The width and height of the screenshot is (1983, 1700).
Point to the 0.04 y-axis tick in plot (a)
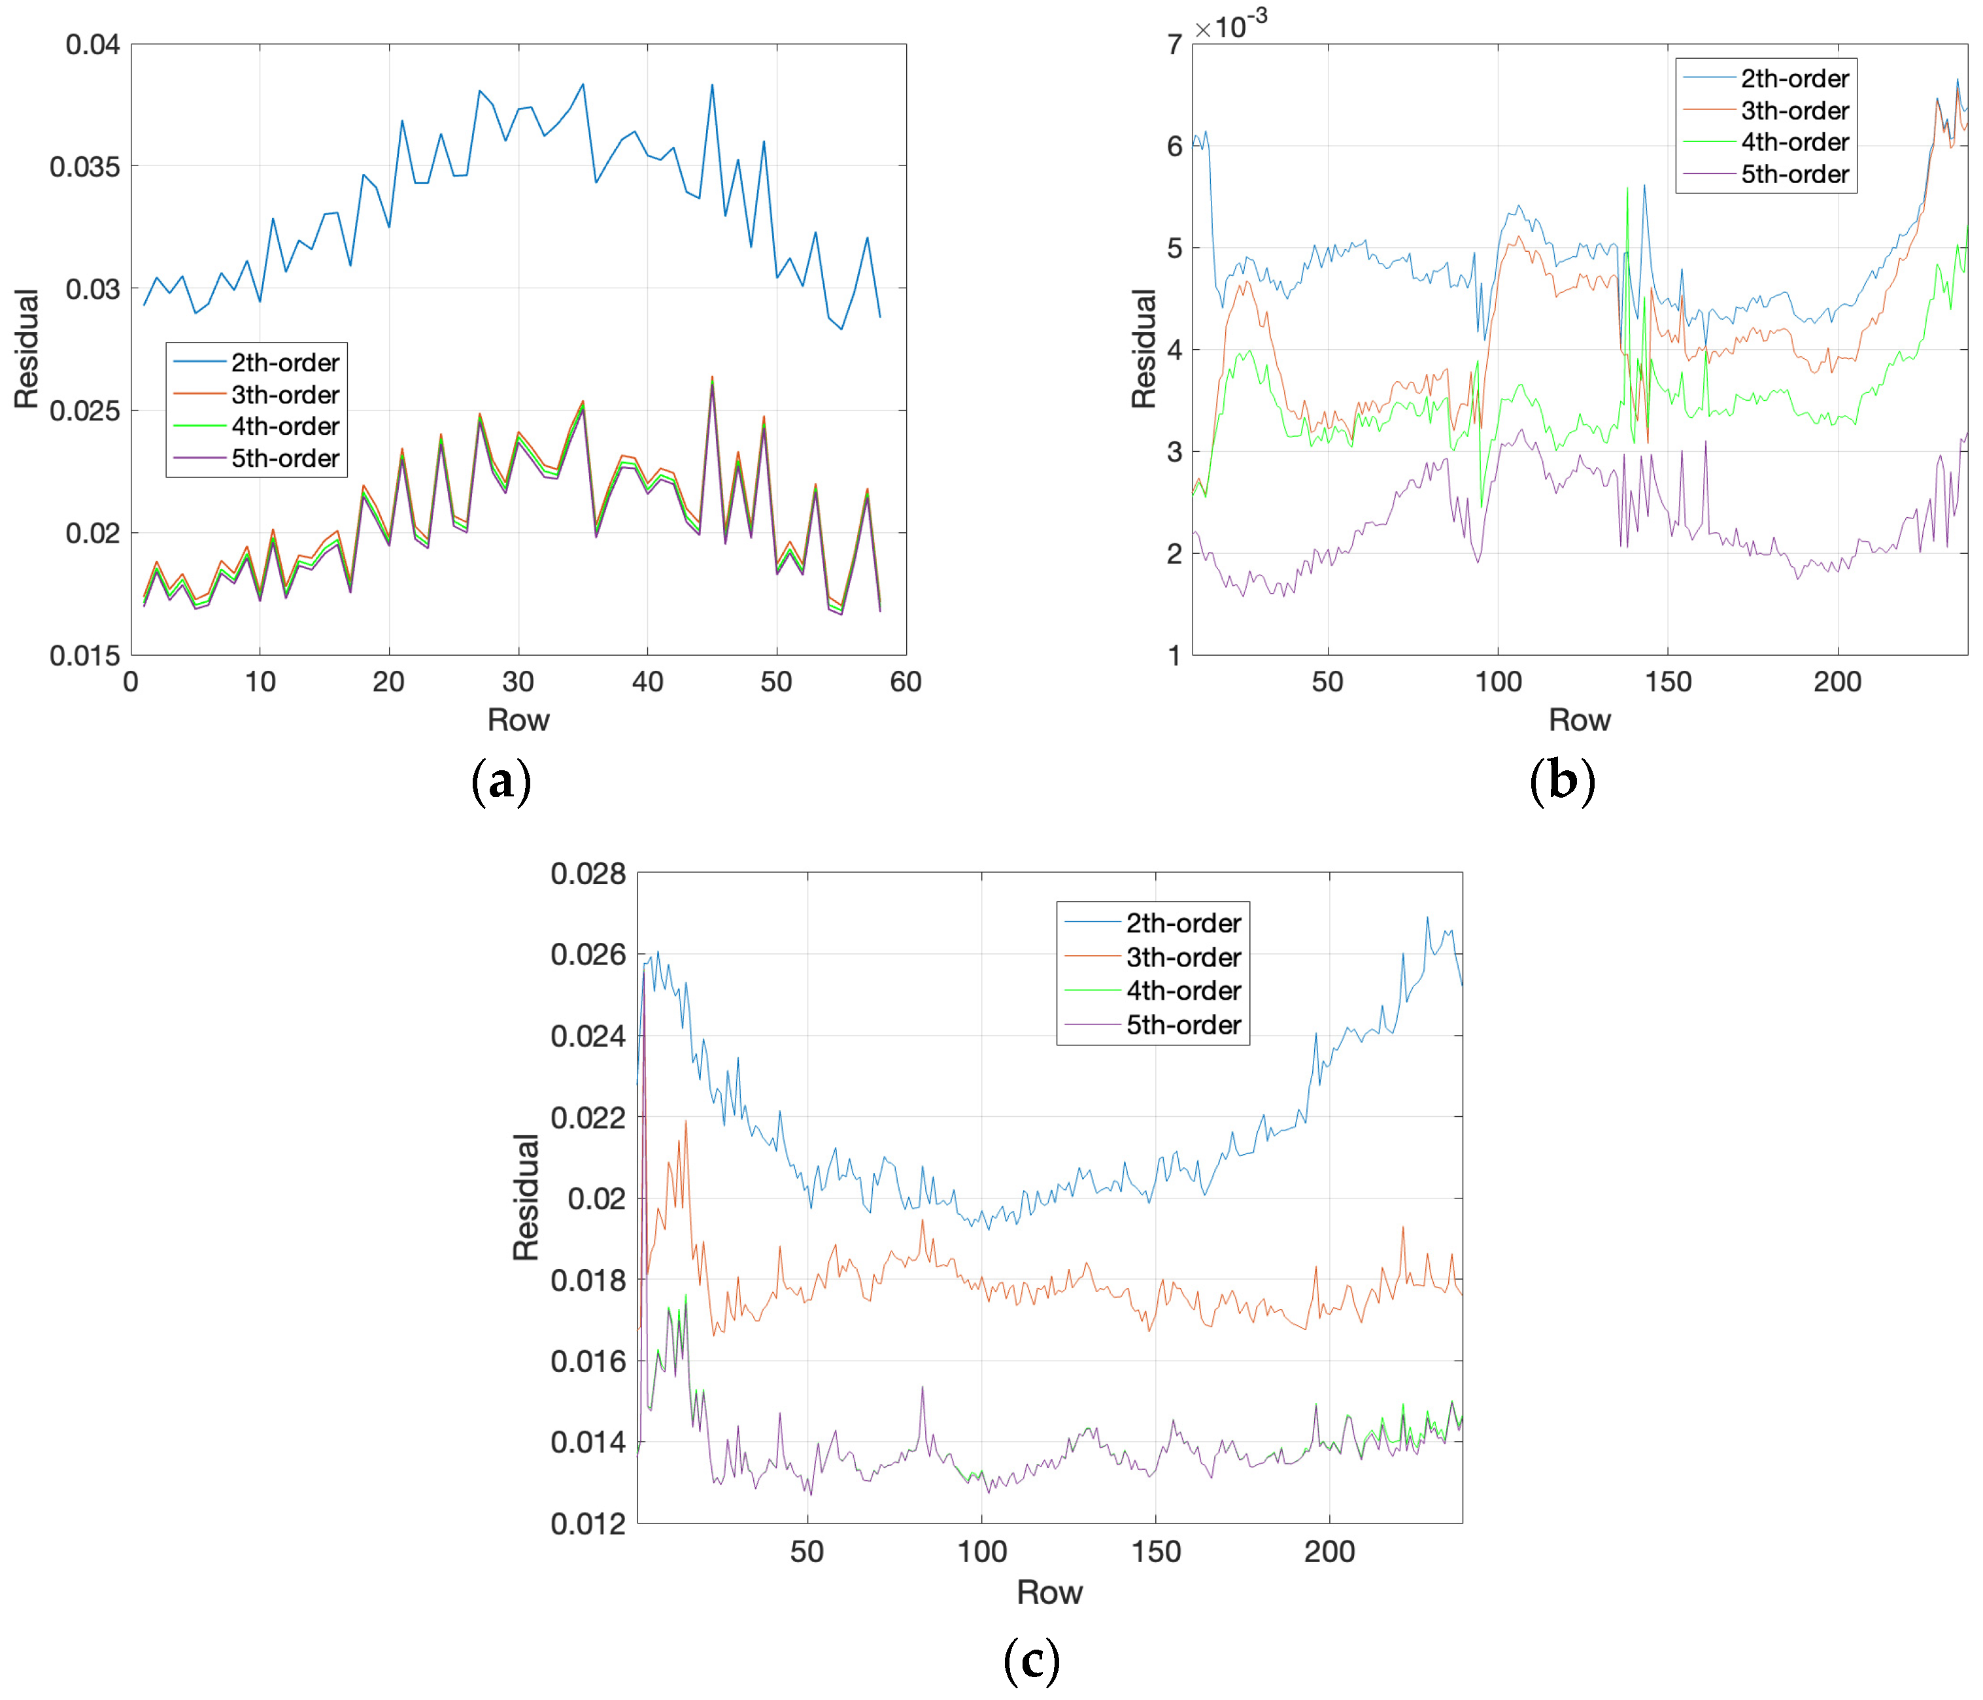(x=92, y=45)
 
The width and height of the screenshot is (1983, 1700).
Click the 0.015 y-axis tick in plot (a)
(x=85, y=656)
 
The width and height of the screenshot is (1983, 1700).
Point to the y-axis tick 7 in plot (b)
(x=1174, y=45)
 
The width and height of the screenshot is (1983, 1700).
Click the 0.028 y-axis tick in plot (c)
(x=588, y=874)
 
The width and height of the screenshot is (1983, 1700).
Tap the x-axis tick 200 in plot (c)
(x=1329, y=1551)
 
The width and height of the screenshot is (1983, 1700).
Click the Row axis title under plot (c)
(x=1049, y=1593)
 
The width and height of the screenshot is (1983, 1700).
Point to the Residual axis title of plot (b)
(x=1144, y=348)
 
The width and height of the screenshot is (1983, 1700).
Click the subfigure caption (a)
(x=501, y=781)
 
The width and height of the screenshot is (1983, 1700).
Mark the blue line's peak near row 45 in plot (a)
(x=712, y=85)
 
